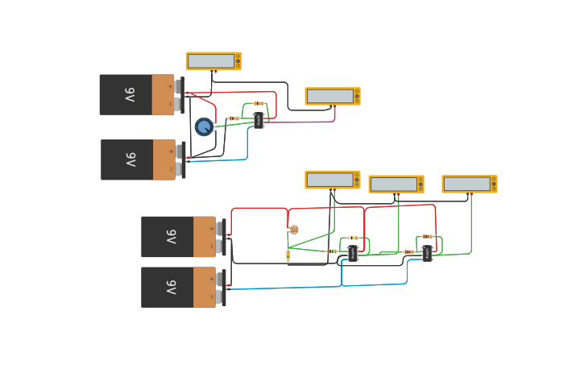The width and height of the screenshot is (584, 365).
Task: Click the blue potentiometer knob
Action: (204, 127)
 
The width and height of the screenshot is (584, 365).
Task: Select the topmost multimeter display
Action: (213, 61)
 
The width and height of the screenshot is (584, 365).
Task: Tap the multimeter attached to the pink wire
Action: (332, 96)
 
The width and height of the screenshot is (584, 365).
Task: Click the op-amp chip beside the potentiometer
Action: (259, 120)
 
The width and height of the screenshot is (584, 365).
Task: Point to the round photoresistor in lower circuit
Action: (294, 230)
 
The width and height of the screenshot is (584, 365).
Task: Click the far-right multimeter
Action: (469, 184)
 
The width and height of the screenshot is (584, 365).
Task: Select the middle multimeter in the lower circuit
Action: (396, 184)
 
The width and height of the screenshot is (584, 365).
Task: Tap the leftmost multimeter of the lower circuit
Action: (332, 180)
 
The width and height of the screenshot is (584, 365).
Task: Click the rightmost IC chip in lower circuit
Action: (427, 254)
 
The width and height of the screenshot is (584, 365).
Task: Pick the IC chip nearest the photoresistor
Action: (353, 254)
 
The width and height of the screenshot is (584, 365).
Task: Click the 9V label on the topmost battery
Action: (130, 95)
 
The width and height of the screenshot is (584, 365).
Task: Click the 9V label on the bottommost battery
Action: (171, 288)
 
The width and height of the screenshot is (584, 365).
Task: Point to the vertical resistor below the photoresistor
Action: (288, 255)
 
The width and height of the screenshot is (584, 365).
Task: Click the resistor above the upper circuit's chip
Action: (258, 103)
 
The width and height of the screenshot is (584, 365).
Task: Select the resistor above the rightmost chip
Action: (427, 237)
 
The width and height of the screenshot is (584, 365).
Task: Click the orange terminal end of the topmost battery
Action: (163, 95)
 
